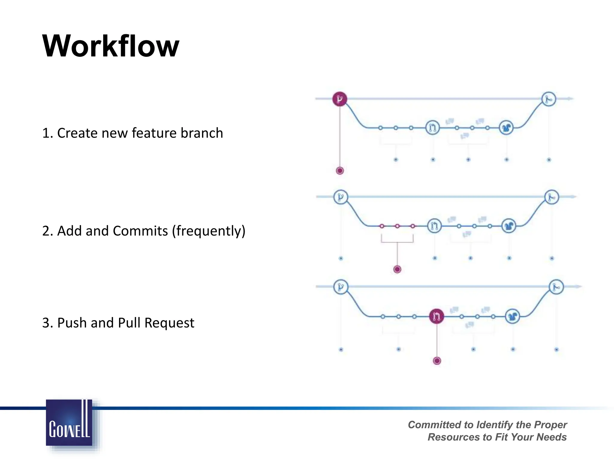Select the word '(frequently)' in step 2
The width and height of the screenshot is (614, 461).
pos(209,231)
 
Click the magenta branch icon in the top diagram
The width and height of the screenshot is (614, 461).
pos(340,99)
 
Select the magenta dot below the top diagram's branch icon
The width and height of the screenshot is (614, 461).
pos(340,171)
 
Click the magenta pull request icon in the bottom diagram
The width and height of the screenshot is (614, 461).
pos(437,316)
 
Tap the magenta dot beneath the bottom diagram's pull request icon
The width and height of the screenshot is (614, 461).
pos(437,361)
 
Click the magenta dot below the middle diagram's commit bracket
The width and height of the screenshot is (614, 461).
pos(397,269)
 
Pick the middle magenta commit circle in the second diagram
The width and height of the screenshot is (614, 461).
pos(397,226)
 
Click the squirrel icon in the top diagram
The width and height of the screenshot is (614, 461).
pos(506,128)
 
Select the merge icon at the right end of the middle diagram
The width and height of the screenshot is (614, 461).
pos(552,197)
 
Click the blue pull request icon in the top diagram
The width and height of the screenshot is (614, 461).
pos(433,128)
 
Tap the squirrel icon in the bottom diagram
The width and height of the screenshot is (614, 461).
pos(512,316)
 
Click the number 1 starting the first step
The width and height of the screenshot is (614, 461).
pos(46,133)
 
